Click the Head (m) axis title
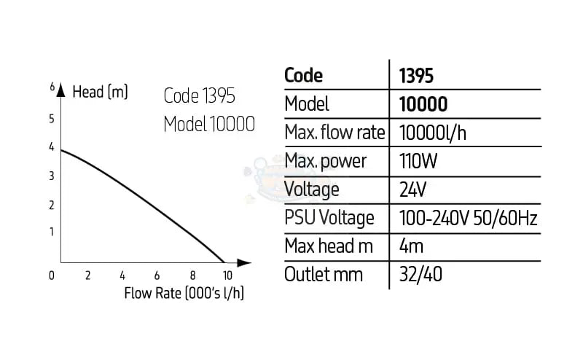point(101,93)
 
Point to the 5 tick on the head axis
point(52,119)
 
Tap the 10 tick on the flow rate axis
point(227,275)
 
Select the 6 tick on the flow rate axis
point(157,275)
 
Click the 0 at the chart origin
point(52,275)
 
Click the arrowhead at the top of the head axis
point(61,89)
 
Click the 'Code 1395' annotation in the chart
point(200,95)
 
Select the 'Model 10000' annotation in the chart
point(209,123)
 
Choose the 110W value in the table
point(419,161)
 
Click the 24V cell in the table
point(413,189)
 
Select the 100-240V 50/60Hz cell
point(469,218)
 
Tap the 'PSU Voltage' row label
point(329,218)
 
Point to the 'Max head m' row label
point(329,246)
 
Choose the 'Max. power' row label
point(325,161)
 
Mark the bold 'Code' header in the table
point(303,75)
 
